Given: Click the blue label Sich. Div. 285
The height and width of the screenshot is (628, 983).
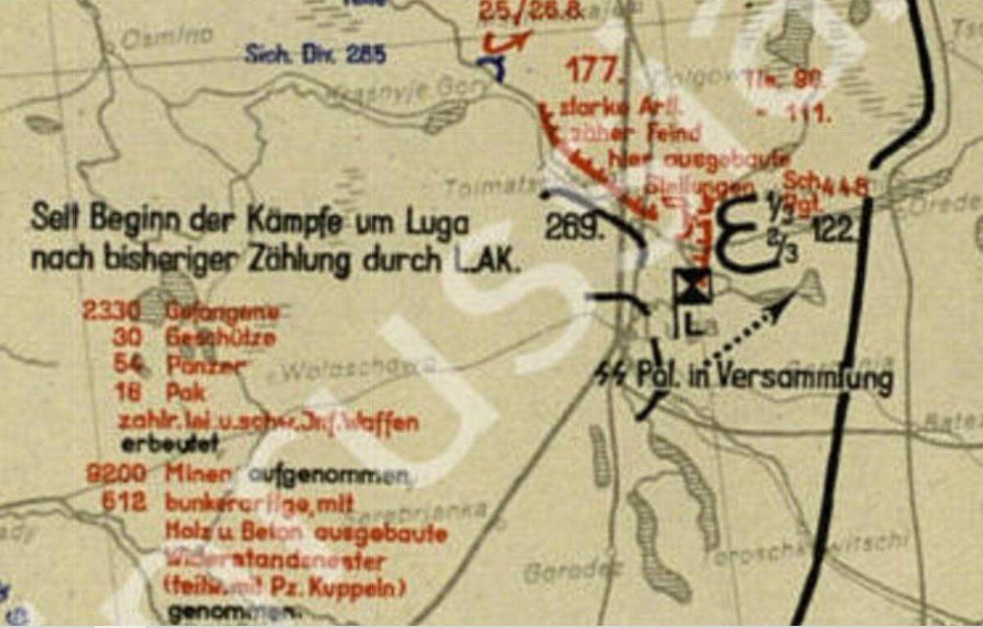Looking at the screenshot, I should (x=315, y=56).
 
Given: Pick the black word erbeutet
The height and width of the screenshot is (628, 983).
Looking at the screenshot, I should (x=170, y=446).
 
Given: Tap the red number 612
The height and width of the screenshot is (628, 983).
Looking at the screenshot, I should (x=125, y=504).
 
